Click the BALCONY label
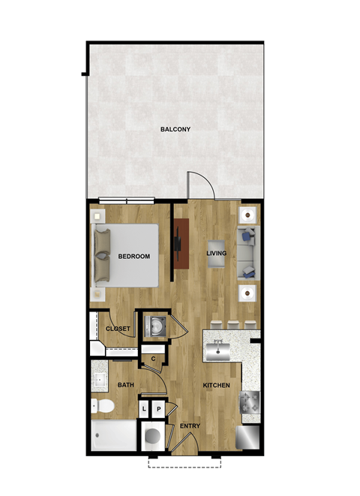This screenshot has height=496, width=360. [x=175, y=129]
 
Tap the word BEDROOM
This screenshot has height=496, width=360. [x=134, y=257]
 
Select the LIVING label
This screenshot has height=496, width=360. [x=217, y=254]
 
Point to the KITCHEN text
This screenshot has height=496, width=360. [x=217, y=386]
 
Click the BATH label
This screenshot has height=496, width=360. [x=125, y=386]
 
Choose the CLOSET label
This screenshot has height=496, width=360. [x=118, y=329]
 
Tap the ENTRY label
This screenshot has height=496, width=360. [x=189, y=426]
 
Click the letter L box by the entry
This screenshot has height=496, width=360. [x=145, y=409]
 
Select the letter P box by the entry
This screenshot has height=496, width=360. [x=158, y=409]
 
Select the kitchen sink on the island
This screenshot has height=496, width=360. [x=220, y=348]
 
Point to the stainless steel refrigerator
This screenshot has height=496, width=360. [x=248, y=436]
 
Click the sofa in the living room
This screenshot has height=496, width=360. [x=248, y=253]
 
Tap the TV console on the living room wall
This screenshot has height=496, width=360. [x=180, y=243]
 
